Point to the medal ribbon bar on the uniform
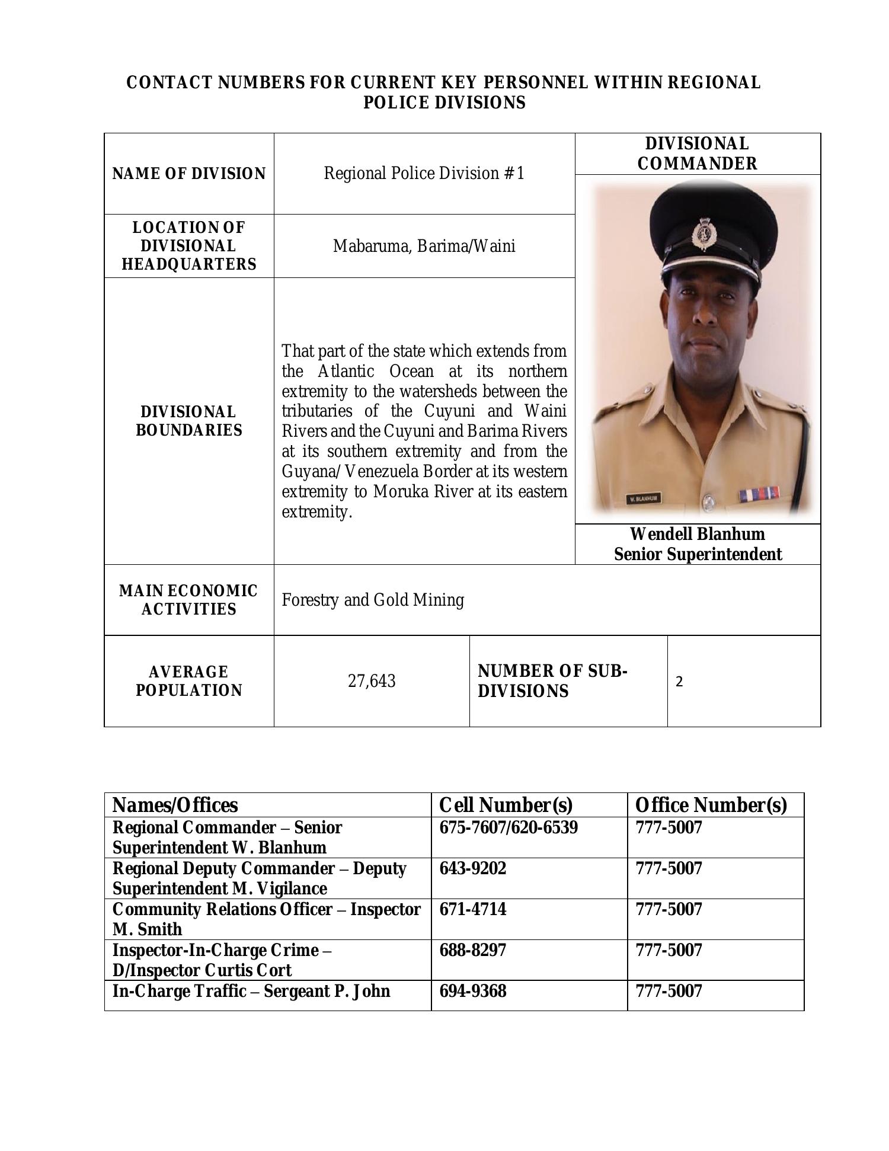(x=760, y=493)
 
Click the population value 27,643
(x=372, y=681)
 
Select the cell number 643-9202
(x=473, y=868)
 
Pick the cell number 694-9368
(x=473, y=990)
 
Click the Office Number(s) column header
(x=711, y=805)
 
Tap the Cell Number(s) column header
(x=506, y=805)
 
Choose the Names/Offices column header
(x=175, y=805)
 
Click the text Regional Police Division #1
(x=424, y=173)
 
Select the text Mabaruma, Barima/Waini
(x=424, y=246)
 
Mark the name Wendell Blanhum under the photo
(x=697, y=534)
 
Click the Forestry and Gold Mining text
(x=373, y=600)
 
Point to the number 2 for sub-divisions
(x=680, y=682)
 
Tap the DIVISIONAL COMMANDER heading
(x=697, y=154)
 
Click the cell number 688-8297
(x=473, y=950)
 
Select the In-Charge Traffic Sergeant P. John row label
(x=251, y=990)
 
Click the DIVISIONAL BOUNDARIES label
(x=189, y=421)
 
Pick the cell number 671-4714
(x=473, y=909)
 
